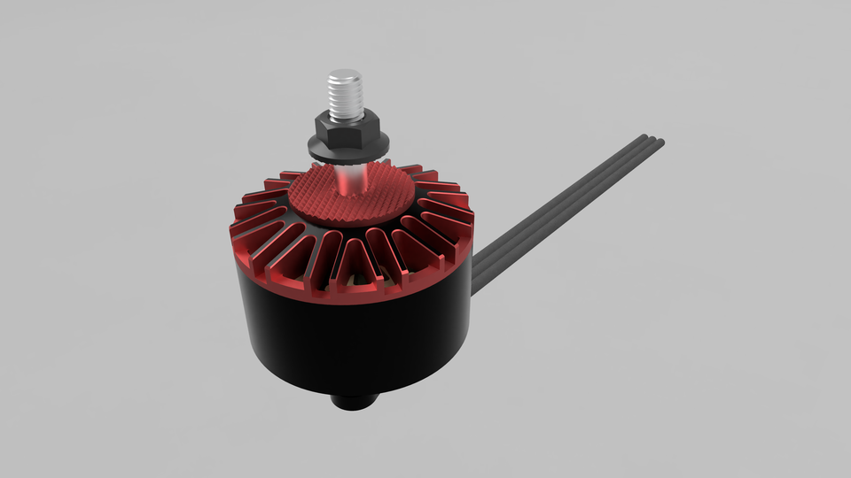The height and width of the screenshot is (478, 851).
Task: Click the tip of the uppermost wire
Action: [644, 136]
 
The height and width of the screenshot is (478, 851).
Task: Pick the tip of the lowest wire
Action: [661, 143]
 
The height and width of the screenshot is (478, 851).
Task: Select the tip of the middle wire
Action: [652, 139]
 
